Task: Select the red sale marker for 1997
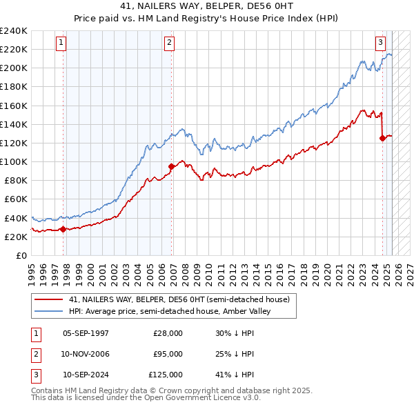pyautogui.click(x=63, y=229)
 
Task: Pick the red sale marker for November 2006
pyautogui.click(x=172, y=166)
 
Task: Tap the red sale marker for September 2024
pyautogui.click(x=382, y=138)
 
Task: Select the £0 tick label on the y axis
pyautogui.click(x=21, y=255)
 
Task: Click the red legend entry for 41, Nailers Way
pyautogui.click(x=184, y=299)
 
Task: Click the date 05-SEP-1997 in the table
pyautogui.click(x=86, y=333)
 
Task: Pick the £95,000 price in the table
pyautogui.click(x=168, y=354)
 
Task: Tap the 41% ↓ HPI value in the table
pyautogui.click(x=235, y=375)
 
